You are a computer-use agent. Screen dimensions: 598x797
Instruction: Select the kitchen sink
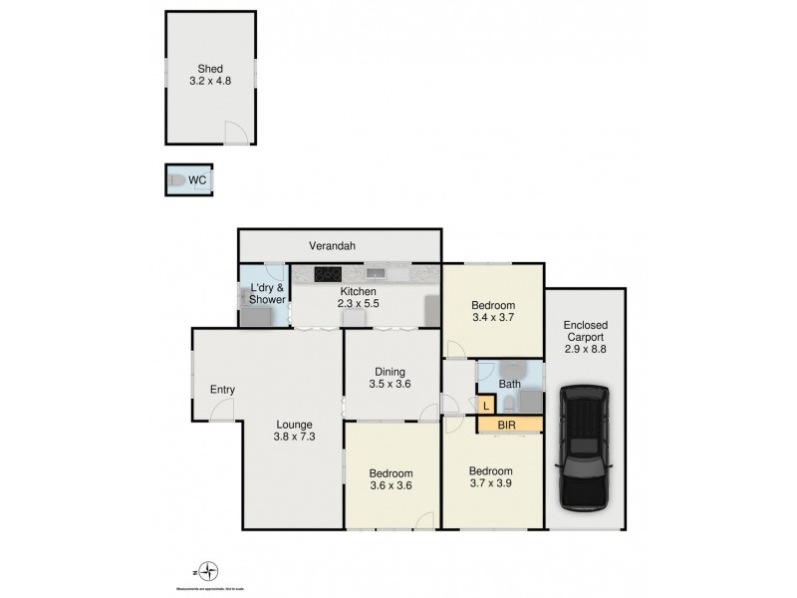[x=376, y=271]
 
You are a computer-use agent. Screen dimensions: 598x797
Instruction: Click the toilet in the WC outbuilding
[x=176, y=181]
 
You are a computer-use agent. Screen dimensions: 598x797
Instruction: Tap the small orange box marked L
[x=485, y=405]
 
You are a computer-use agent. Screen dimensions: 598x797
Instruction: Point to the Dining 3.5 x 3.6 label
[x=390, y=375]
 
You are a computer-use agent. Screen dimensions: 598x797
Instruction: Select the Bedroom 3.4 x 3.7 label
[x=493, y=312]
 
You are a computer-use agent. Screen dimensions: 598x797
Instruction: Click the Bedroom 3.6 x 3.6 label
[x=390, y=480]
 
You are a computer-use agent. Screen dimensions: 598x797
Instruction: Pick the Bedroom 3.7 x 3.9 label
[x=492, y=478]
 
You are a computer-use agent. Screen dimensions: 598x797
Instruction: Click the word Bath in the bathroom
[x=510, y=383]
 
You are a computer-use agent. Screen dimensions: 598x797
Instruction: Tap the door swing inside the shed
[x=233, y=132]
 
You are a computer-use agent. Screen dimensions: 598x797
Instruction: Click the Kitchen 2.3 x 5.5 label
[x=356, y=298]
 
